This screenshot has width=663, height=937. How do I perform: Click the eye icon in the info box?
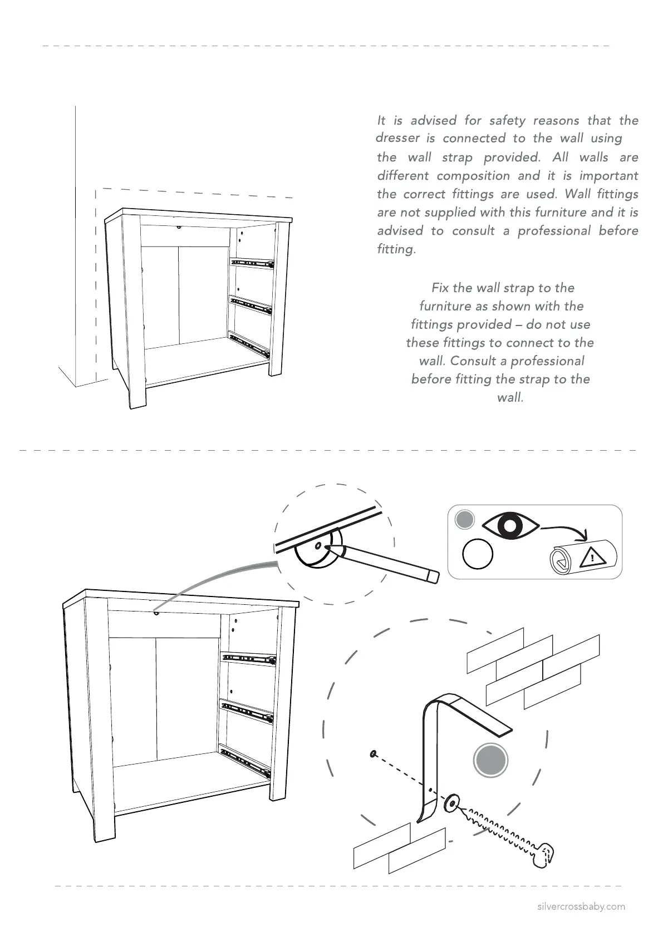(x=510, y=525)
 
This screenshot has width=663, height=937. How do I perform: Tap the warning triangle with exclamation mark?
(x=592, y=556)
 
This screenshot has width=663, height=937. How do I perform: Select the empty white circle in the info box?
(x=478, y=554)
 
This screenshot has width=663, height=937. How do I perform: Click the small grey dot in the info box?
(x=464, y=520)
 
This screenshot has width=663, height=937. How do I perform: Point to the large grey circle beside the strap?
(x=490, y=760)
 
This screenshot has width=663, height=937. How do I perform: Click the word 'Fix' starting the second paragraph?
(x=440, y=288)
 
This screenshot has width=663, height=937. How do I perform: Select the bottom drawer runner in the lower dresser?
(x=245, y=762)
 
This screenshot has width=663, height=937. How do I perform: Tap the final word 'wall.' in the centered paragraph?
(x=510, y=398)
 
